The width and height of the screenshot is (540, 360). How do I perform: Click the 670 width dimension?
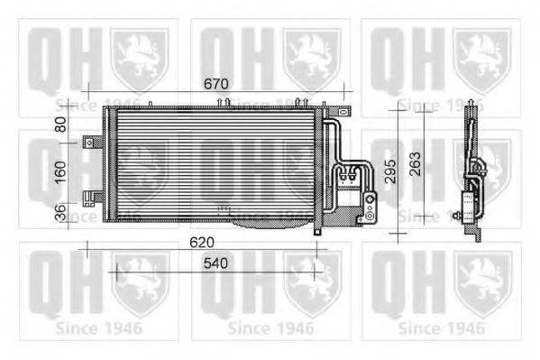click(215, 84)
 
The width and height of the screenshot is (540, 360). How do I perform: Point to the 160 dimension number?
click(61, 171)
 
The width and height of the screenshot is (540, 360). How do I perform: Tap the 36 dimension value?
click(61, 213)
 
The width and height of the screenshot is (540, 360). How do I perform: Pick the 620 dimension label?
click(202, 242)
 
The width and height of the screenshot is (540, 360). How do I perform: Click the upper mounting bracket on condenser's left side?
click(91, 142)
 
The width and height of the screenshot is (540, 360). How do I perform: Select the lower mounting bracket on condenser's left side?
click(91, 196)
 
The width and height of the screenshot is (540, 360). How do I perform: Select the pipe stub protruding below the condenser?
click(317, 229)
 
